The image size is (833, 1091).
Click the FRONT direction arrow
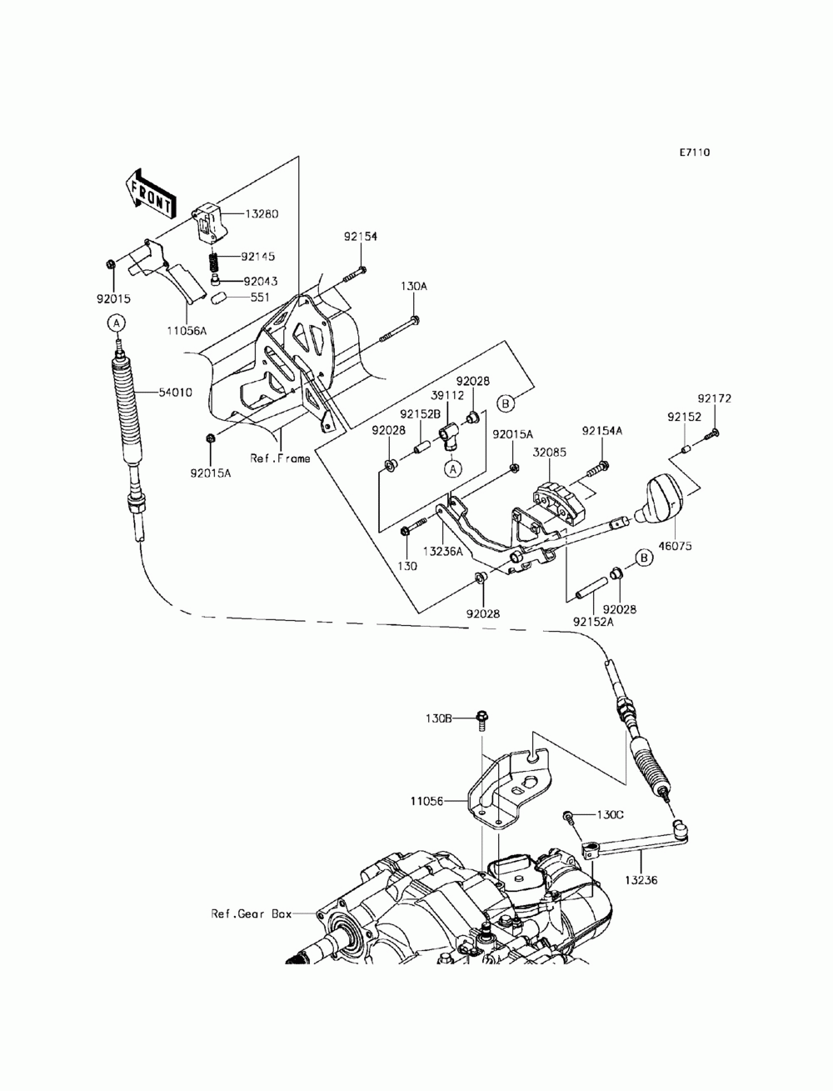click(150, 194)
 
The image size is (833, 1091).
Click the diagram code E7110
click(695, 153)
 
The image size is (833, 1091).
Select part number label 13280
click(262, 213)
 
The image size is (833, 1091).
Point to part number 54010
click(175, 393)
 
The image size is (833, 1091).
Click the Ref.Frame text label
click(280, 458)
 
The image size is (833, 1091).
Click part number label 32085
click(550, 453)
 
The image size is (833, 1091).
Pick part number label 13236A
click(443, 551)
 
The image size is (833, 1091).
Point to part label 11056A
click(187, 329)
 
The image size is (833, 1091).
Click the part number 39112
click(447, 395)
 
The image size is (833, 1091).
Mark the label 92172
click(714, 398)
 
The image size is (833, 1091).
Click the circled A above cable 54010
click(117, 323)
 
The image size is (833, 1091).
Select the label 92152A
click(593, 622)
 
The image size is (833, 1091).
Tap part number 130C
click(611, 815)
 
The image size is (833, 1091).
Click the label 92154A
click(602, 431)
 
